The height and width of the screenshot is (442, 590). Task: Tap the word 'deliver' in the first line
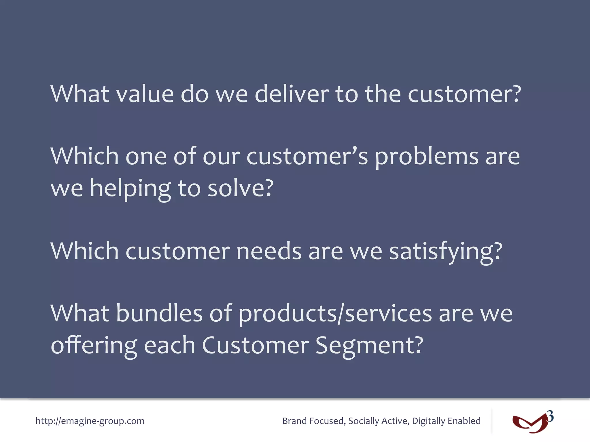292,94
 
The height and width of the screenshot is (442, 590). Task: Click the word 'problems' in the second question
427,157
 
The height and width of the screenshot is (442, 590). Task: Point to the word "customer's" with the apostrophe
307,157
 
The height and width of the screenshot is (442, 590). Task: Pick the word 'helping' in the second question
131,189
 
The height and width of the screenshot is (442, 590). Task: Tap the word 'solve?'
240,189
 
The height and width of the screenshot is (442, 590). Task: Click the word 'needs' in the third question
268,251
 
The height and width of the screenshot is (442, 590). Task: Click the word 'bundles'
159,313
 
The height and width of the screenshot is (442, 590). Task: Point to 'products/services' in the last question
335,314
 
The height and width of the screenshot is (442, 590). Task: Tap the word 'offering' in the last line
94,345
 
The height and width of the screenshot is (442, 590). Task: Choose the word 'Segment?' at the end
369,345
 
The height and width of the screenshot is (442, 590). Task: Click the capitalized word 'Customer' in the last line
255,345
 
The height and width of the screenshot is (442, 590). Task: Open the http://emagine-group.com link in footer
90,421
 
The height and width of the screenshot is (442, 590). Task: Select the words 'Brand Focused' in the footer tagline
313,421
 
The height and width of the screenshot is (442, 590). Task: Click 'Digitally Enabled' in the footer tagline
446,421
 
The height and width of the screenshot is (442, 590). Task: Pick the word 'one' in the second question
146,157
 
